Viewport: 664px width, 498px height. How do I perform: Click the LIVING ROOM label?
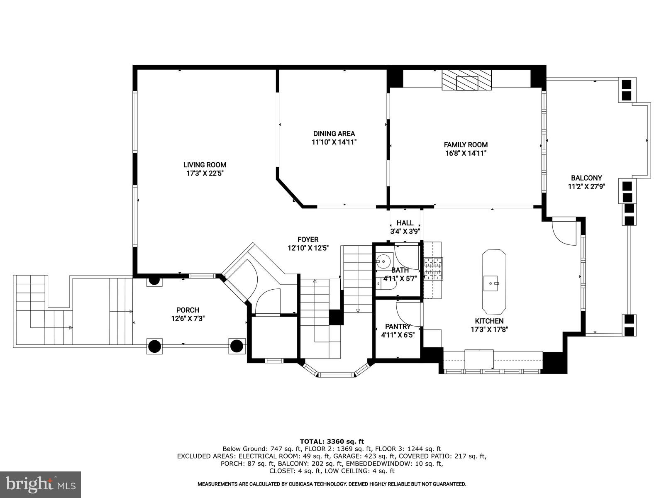click(x=205, y=165)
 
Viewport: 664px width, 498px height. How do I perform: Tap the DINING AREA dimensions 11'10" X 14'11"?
click(x=334, y=142)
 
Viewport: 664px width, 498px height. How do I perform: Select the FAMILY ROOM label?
click(x=466, y=145)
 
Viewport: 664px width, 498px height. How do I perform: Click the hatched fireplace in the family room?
click(x=466, y=80)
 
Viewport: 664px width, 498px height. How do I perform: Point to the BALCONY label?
click(x=586, y=178)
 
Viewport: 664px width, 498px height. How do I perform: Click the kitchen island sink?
click(x=493, y=283)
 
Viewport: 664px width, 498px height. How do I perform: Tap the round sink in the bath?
click(x=383, y=261)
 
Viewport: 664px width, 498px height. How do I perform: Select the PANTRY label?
click(x=398, y=327)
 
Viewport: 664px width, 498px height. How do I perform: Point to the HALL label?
click(x=405, y=223)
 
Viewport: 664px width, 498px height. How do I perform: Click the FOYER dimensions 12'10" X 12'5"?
click(x=308, y=248)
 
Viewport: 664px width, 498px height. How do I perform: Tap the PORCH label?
click(x=188, y=310)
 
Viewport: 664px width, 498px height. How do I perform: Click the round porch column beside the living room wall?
click(x=154, y=281)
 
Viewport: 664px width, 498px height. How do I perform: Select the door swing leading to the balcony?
click(x=564, y=232)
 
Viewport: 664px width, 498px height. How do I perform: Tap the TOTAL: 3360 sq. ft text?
click(x=332, y=441)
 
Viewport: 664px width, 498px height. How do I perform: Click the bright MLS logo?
click(x=40, y=484)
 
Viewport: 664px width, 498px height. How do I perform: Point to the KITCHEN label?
click(x=489, y=321)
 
